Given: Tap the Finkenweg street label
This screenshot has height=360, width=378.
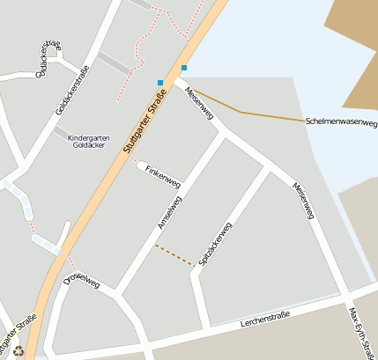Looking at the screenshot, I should click(x=163, y=176).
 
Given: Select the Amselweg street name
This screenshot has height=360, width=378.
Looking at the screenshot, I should click(x=169, y=214).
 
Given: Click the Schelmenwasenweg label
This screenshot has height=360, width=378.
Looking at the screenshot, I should click(x=340, y=122).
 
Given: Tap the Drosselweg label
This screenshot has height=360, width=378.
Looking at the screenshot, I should click(x=82, y=282).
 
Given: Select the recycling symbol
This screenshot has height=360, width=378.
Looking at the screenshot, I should click(x=19, y=350).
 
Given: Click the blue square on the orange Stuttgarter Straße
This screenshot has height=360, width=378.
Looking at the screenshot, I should click(x=160, y=83).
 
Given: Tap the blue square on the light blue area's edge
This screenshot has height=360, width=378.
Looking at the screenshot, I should click(x=184, y=68).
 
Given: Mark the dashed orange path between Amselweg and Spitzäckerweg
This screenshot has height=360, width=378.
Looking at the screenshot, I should click(x=174, y=255).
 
